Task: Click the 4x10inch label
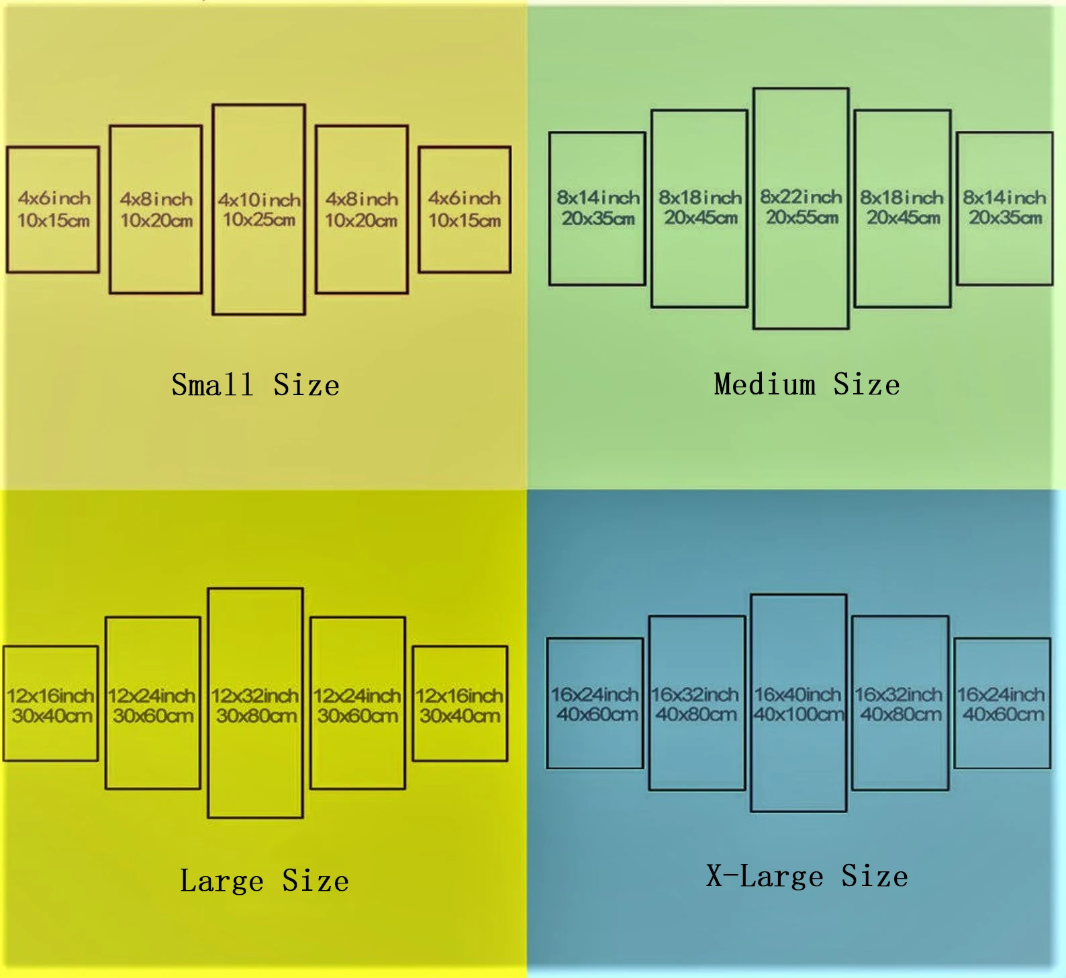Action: [x=259, y=200]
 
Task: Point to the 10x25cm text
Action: [x=259, y=219]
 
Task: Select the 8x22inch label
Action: [x=801, y=197]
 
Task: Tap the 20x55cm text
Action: [x=802, y=217]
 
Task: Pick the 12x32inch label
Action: [x=255, y=696]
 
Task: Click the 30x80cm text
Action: [x=256, y=716]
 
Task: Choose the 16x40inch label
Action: [x=797, y=694]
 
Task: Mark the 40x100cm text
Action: [x=798, y=714]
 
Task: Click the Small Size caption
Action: [x=255, y=385]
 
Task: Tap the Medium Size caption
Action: [x=807, y=384]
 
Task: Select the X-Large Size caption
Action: [x=807, y=876]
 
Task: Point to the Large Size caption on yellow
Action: [x=264, y=881]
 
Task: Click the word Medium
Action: [x=765, y=384]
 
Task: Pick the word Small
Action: [x=212, y=385]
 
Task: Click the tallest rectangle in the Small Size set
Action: [x=259, y=268]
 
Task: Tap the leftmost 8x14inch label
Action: [x=598, y=197]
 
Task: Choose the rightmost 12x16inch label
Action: [x=459, y=696]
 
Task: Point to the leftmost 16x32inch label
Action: [x=695, y=694]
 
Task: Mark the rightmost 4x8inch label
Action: [x=362, y=199]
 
